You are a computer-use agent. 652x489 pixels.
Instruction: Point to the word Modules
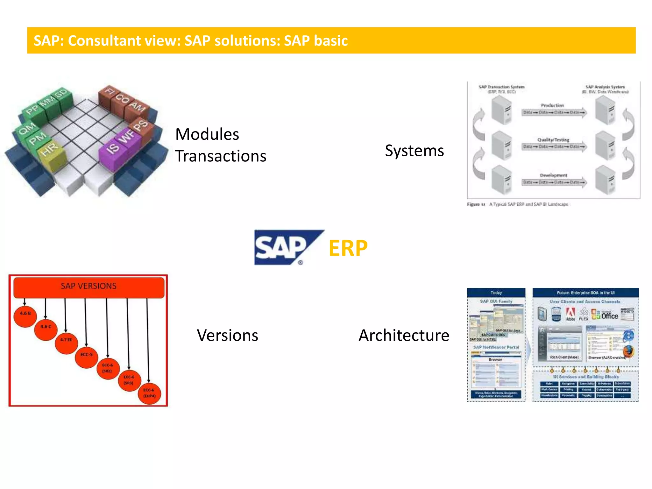click(207, 134)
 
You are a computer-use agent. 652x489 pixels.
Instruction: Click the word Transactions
click(221, 156)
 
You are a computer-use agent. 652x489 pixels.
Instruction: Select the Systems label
click(414, 151)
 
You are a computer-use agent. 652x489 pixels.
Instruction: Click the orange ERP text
click(348, 248)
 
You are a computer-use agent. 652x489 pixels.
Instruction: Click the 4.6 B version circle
click(25, 315)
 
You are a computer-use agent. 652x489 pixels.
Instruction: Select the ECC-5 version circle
click(86, 356)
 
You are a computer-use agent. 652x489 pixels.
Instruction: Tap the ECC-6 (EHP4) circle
click(149, 393)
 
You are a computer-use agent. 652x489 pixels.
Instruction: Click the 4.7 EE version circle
click(66, 342)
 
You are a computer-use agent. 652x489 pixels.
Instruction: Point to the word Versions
click(227, 335)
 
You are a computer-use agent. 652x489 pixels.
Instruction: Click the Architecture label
click(404, 335)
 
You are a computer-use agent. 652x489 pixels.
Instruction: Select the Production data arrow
click(554, 112)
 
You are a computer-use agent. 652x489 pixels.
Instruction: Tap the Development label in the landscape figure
click(553, 175)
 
